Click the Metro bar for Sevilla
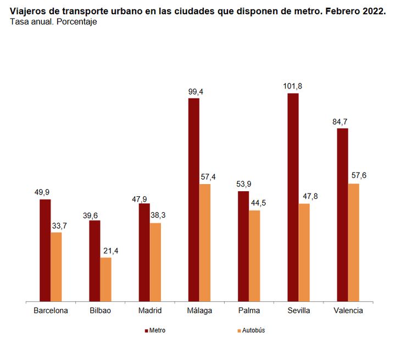[293, 197]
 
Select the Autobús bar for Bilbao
[105, 279]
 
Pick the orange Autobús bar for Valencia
[353, 242]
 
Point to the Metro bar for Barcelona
[45, 250]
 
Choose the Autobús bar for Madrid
[155, 262]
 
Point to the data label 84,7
[342, 121]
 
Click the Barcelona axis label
[51, 311]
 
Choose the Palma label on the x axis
[249, 311]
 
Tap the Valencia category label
[348, 311]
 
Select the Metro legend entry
[155, 330]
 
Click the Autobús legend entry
[253, 330]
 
